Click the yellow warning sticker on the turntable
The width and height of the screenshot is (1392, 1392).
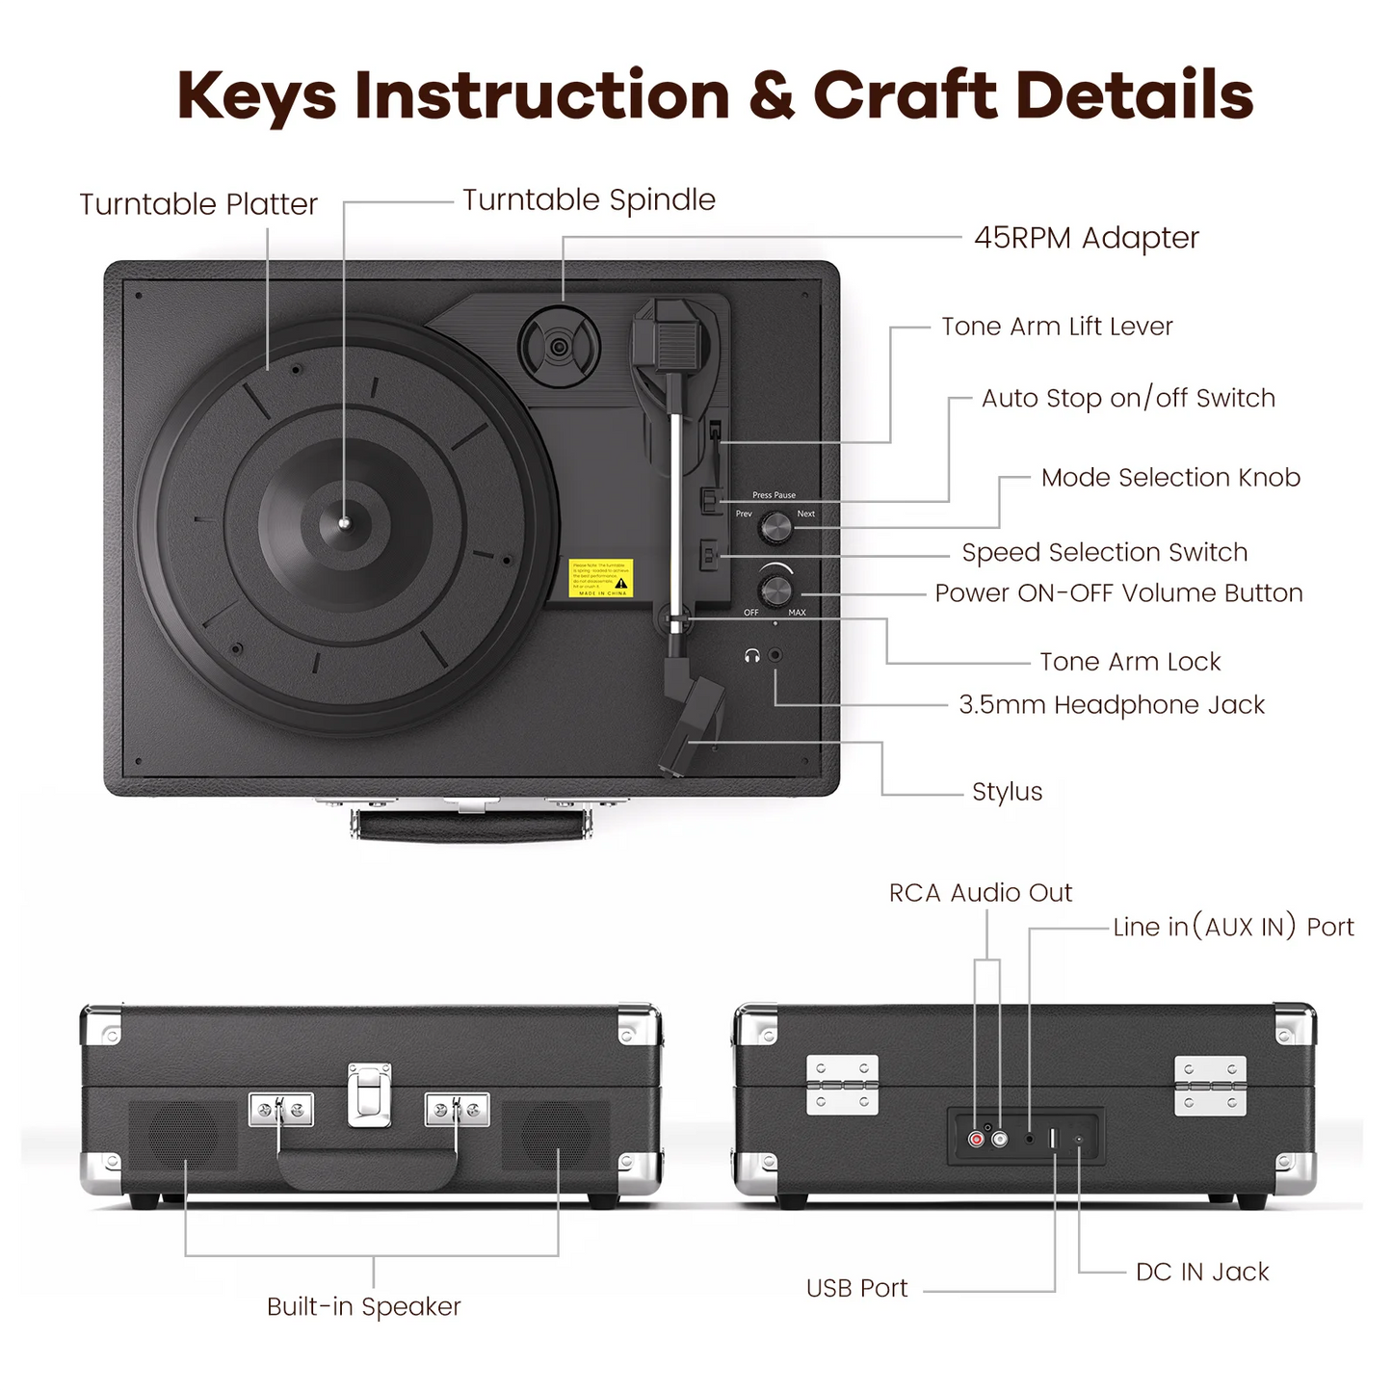point(600,578)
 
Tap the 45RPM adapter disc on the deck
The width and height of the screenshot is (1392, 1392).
point(559,346)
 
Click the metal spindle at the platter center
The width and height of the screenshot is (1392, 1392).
point(345,523)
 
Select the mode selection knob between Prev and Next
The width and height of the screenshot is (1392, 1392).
point(775,527)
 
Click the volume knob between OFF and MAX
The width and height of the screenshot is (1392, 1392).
point(775,590)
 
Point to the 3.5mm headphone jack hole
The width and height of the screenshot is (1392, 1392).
point(775,655)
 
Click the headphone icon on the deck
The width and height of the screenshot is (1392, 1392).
point(752,656)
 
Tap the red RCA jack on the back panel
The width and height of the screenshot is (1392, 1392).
point(977,1140)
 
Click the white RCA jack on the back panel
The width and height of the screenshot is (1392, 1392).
point(1000,1140)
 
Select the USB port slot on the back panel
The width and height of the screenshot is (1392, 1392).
point(1053,1139)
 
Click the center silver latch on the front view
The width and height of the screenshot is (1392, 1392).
point(370,1095)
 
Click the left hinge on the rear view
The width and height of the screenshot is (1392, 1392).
point(842,1085)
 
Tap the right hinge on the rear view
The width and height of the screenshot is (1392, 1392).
point(1210,1086)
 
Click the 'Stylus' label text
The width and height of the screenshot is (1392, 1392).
point(1007,792)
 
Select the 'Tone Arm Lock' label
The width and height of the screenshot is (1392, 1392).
point(1130,662)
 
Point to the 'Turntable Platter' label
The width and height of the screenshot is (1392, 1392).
point(198,204)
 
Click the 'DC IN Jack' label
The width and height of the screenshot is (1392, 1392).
point(1202,1272)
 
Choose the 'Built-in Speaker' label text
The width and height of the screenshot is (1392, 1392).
point(364,1306)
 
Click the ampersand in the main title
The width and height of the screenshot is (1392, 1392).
point(771,95)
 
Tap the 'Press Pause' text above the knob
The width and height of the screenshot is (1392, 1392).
point(774,495)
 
